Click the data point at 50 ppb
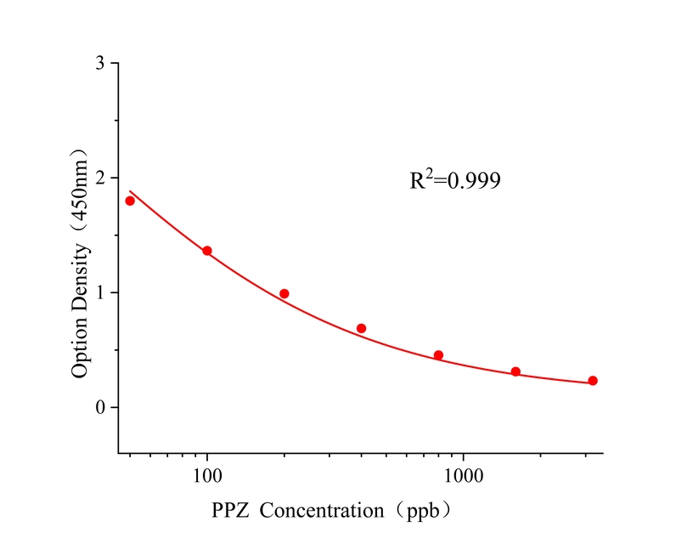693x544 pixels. tap(130, 201)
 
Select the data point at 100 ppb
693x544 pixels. tap(207, 251)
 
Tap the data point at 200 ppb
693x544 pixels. tap(285, 293)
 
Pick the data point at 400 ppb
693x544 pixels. tap(361, 328)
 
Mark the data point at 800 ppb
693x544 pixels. tap(438, 355)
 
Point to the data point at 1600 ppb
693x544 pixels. tap(516, 371)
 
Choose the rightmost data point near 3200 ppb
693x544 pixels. tap(593, 381)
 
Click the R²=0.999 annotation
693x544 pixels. tap(455, 180)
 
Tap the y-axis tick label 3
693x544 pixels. tap(101, 64)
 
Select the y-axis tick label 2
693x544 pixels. tap(101, 178)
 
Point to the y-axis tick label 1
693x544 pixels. tap(101, 292)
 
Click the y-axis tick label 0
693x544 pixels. tap(101, 407)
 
